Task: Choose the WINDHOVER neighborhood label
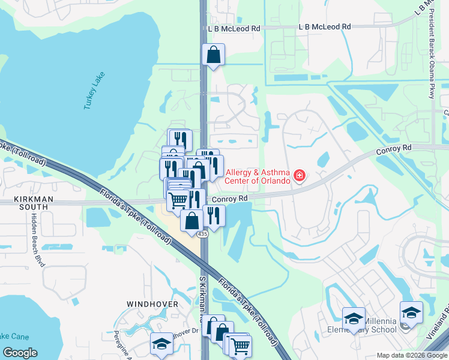coord(152,304)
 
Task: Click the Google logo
coord(20,352)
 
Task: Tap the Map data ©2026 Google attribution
coord(411,355)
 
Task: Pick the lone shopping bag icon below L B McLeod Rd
coord(213,55)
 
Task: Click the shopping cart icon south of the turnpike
coord(240,346)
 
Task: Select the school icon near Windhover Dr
coord(161,344)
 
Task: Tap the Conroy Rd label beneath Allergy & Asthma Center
coord(230,199)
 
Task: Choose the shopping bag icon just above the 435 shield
coord(191,220)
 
